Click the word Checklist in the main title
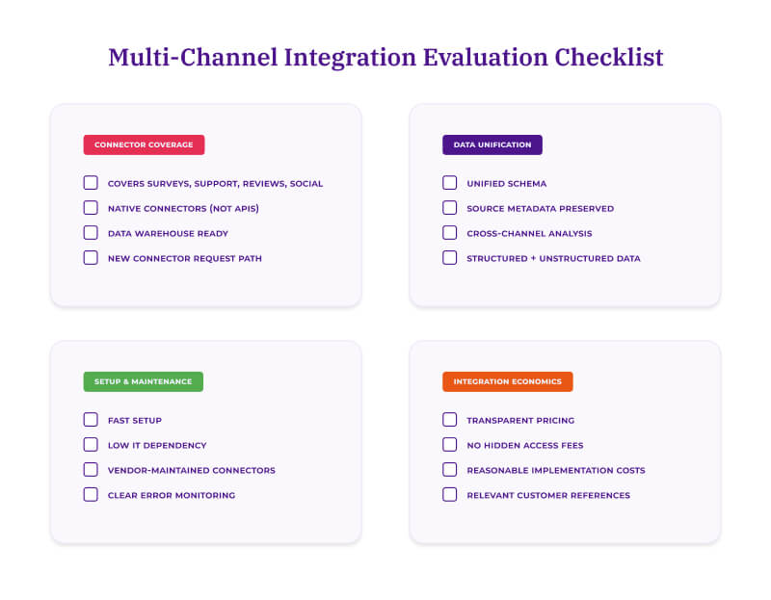click(608, 57)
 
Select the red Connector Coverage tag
click(144, 144)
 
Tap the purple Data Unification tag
click(492, 144)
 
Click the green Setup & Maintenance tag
click(143, 381)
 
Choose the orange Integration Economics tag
click(507, 381)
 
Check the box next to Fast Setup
click(91, 420)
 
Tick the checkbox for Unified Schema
click(450, 183)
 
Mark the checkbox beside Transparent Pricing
click(450, 420)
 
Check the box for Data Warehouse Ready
click(91, 233)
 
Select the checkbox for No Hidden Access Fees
click(450, 445)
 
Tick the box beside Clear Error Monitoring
click(91, 495)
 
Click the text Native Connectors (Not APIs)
click(183, 208)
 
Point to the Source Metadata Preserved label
click(540, 208)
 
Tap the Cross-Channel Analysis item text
click(529, 233)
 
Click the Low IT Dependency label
click(157, 445)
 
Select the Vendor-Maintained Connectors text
click(191, 470)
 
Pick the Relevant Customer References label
click(547, 495)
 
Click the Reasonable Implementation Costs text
click(555, 470)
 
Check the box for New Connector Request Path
click(91, 258)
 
